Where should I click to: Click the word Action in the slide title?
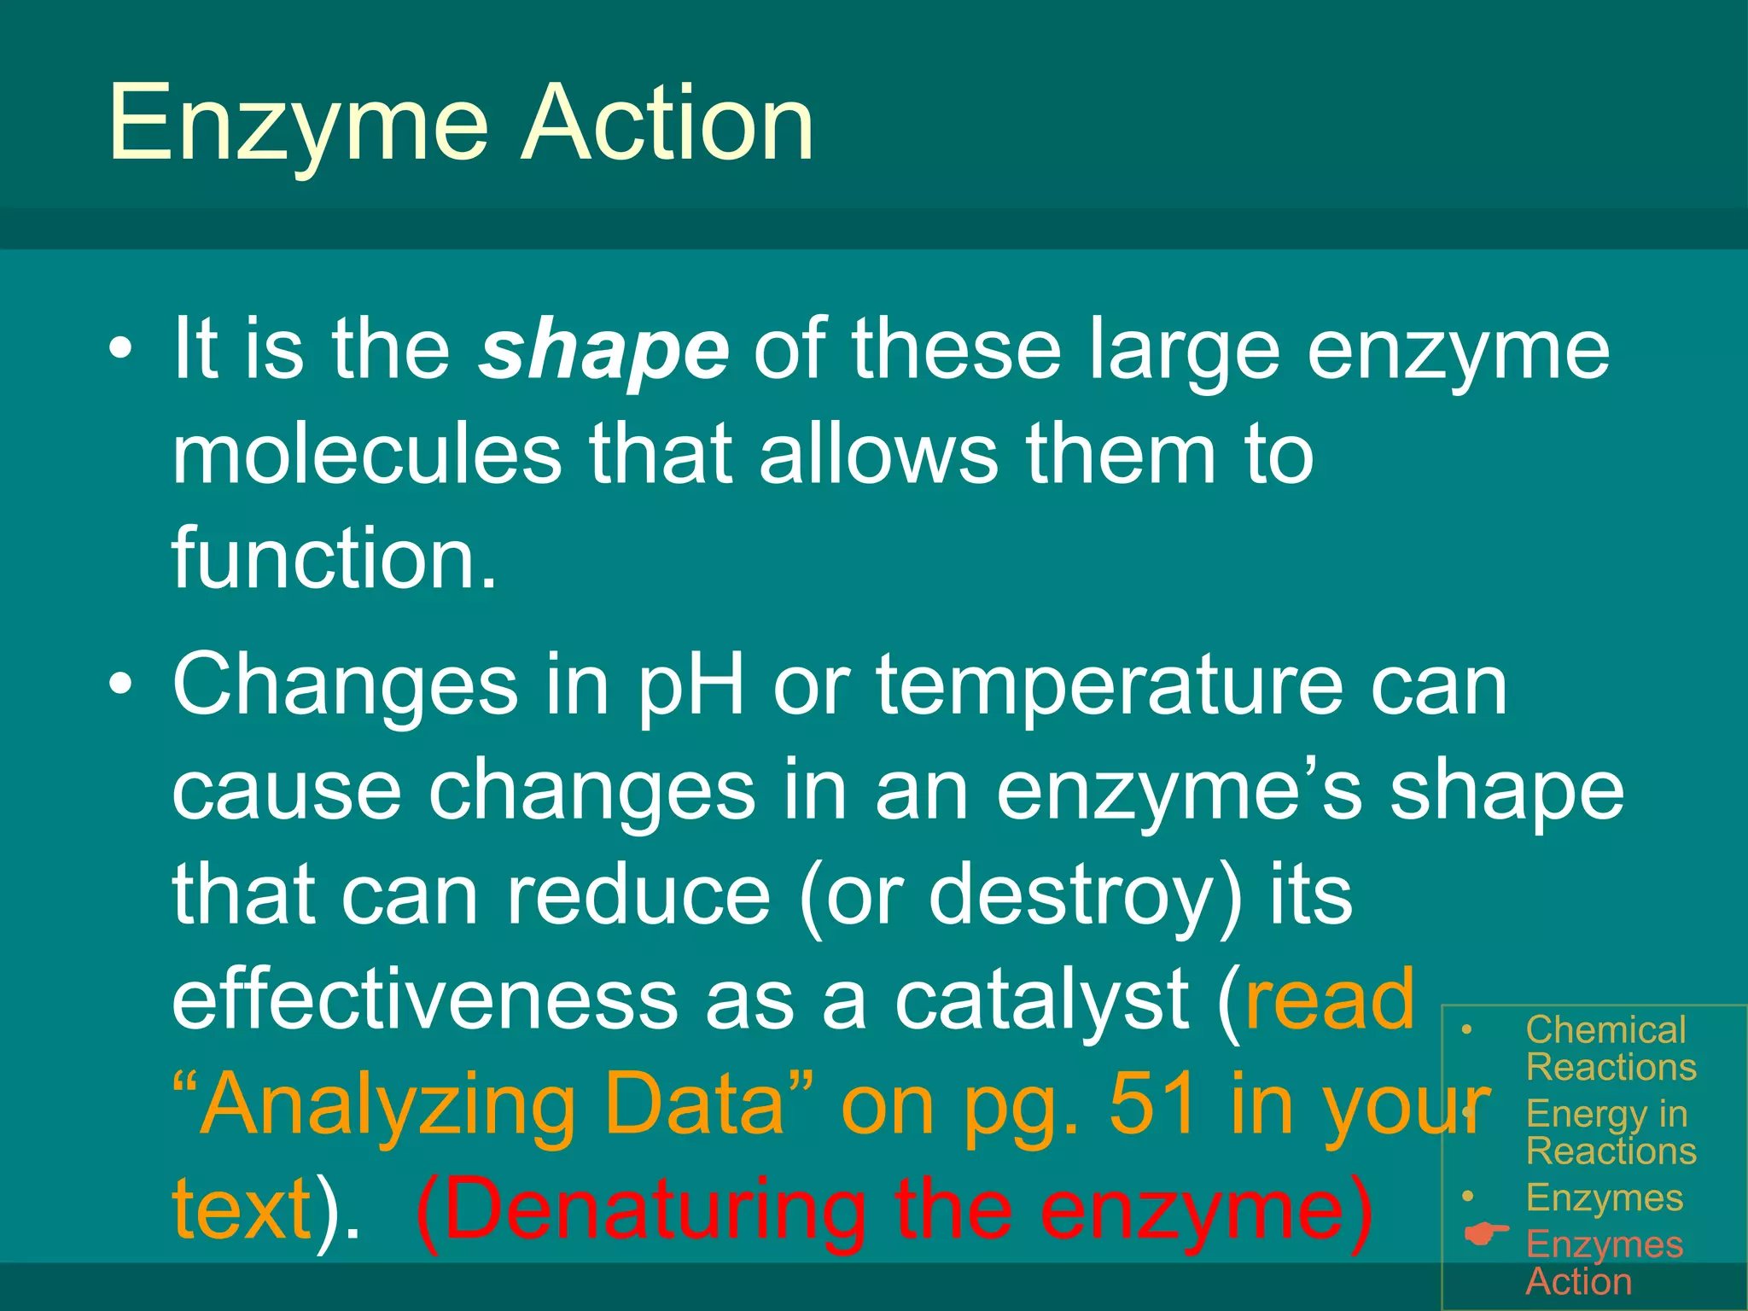667,124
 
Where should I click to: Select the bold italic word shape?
603,350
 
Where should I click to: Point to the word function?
333,558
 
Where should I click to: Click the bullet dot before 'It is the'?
121,351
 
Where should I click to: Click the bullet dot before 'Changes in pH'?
121,685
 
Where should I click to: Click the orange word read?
1330,999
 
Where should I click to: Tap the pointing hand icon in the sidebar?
1486,1233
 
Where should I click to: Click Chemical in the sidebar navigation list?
1605,1030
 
